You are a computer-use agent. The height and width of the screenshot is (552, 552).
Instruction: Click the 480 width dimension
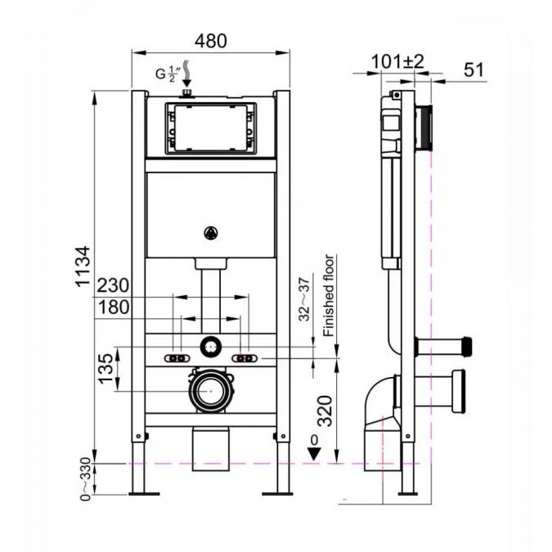click(x=211, y=39)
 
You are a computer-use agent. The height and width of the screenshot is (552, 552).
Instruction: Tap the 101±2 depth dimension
click(x=396, y=62)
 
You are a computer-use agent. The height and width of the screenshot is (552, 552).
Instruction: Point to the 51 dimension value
click(x=473, y=70)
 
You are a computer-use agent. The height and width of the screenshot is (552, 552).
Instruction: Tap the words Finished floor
click(x=329, y=296)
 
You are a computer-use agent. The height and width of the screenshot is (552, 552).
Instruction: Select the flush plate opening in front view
click(x=211, y=128)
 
